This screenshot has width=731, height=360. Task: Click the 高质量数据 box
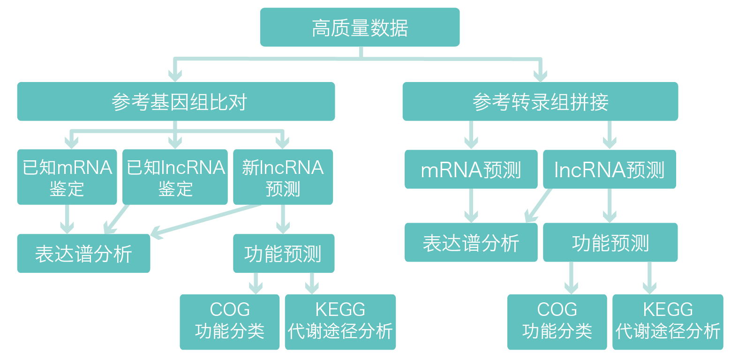360,27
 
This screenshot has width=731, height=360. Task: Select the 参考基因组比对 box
176,102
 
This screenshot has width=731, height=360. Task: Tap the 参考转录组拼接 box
540,102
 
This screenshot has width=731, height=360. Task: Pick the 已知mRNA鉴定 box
67,177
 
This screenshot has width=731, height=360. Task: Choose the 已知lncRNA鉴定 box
175,177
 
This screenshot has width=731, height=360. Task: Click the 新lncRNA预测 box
283,177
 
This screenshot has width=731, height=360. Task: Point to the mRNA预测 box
471,169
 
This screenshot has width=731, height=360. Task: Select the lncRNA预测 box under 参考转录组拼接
609,169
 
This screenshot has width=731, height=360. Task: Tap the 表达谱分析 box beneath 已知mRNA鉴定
83,253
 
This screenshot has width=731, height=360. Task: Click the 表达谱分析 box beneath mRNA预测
471,242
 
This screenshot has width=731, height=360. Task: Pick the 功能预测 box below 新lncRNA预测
283,253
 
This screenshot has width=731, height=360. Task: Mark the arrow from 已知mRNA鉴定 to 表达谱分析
67,219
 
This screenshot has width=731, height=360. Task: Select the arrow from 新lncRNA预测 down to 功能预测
283,219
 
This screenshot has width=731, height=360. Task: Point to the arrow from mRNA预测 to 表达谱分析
471,205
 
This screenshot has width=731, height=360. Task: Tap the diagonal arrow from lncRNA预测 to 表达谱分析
538,205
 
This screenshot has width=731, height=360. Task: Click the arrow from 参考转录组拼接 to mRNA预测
471,135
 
